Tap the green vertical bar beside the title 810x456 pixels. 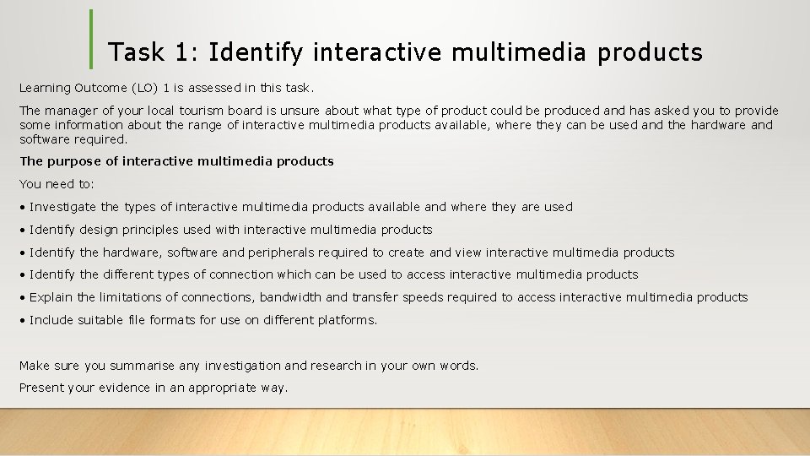(x=91, y=39)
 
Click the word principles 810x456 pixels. (x=150, y=229)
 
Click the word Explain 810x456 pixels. (x=51, y=296)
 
